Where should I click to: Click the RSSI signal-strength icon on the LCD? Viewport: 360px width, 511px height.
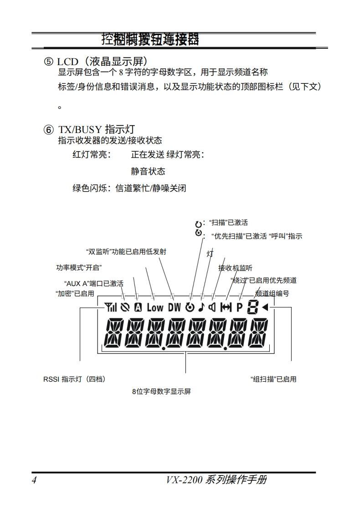pos(111,307)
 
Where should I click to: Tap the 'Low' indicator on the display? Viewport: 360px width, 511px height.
pos(155,307)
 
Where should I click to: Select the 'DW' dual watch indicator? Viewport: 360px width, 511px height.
pos(175,307)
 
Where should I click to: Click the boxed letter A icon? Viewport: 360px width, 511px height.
pos(138,307)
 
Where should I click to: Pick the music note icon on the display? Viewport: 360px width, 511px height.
pos(201,307)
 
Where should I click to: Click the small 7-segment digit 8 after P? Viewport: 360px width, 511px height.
pos(252,307)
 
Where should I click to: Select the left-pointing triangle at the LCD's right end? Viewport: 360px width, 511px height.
pos(265,307)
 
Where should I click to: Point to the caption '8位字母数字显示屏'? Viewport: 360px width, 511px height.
pos(161,392)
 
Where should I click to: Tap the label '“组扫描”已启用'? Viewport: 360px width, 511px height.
pos(273,379)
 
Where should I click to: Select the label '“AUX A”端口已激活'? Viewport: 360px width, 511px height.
pos(94,283)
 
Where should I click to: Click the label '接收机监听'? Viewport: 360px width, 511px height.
pos(235,268)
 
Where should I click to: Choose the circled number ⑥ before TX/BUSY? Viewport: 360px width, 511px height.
pos(48,130)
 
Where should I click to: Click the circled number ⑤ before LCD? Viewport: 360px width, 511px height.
pos(48,61)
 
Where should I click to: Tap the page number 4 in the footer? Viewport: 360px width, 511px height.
pos(34,480)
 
